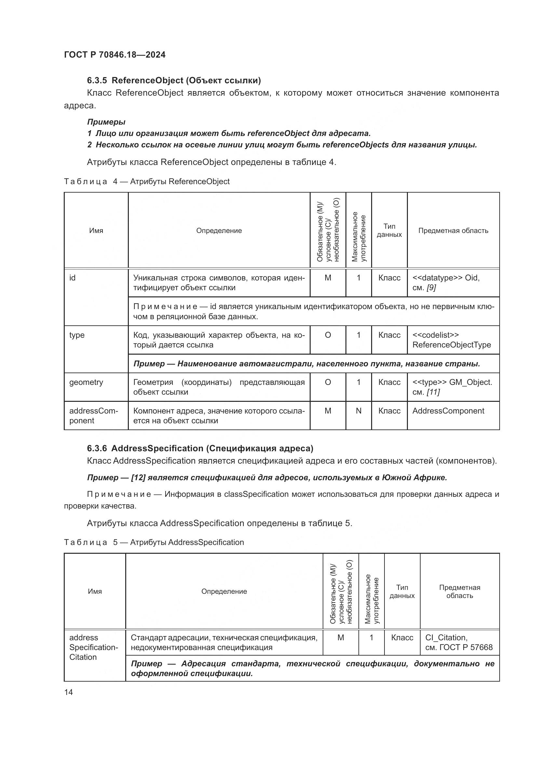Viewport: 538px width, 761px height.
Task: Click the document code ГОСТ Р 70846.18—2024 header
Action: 114,55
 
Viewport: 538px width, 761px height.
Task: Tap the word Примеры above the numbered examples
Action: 106,122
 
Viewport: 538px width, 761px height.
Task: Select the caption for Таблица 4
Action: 146,181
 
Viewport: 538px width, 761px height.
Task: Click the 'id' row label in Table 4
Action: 72,278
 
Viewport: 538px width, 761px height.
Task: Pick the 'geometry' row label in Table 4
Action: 86,382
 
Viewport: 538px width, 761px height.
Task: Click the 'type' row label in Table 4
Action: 77,335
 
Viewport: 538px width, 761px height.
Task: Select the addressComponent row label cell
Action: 93,415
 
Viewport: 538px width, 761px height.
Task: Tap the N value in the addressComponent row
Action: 358,411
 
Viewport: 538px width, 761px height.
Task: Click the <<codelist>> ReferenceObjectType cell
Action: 451,340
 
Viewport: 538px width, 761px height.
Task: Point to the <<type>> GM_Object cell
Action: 452,387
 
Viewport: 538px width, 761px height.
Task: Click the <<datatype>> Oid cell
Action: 446,282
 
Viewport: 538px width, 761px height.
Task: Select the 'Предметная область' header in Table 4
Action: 453,231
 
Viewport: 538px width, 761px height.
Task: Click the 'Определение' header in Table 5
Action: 224,591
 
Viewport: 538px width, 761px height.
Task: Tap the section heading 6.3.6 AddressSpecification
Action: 200,448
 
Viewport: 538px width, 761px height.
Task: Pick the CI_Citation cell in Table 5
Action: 459,642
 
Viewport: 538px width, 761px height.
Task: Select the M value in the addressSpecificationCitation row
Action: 341,638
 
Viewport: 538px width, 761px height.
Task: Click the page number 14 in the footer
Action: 69,692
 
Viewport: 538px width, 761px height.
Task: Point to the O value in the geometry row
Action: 328,383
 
